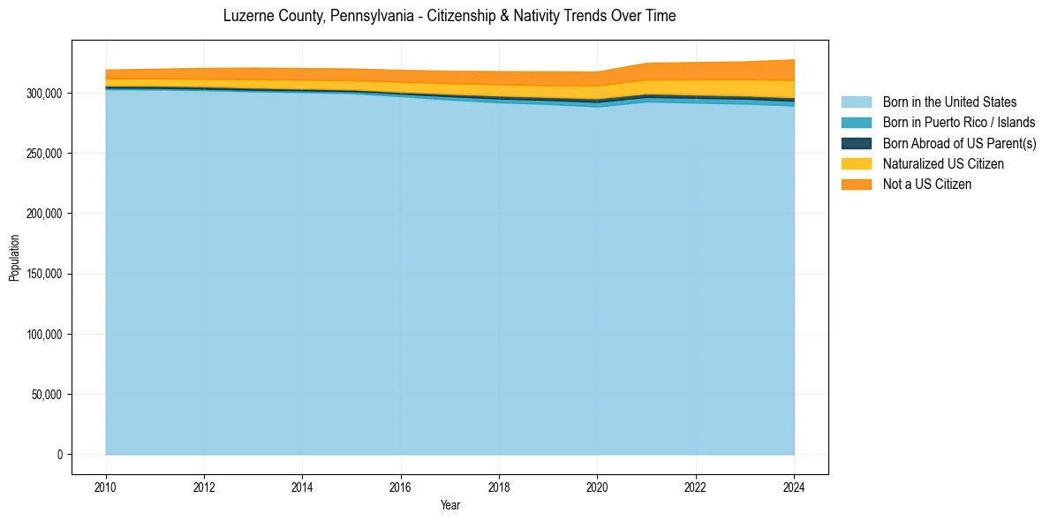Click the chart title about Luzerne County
[449, 16]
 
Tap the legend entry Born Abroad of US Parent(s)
[959, 143]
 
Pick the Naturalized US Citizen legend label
[943, 164]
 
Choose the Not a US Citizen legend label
[927, 185]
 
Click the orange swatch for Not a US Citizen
[856, 185]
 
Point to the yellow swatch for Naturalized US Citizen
[856, 164]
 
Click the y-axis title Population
[14, 258]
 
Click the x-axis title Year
[449, 506]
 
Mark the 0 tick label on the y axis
[60, 455]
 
